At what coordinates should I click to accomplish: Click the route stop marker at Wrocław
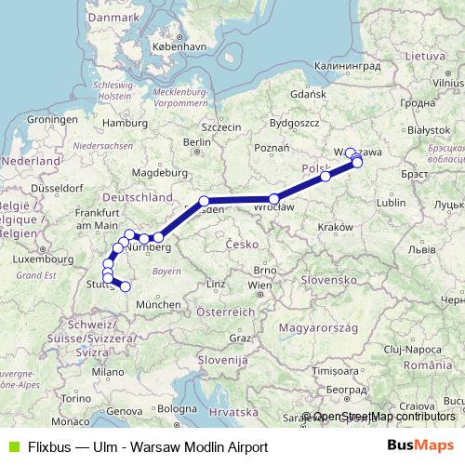coord(274,198)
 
